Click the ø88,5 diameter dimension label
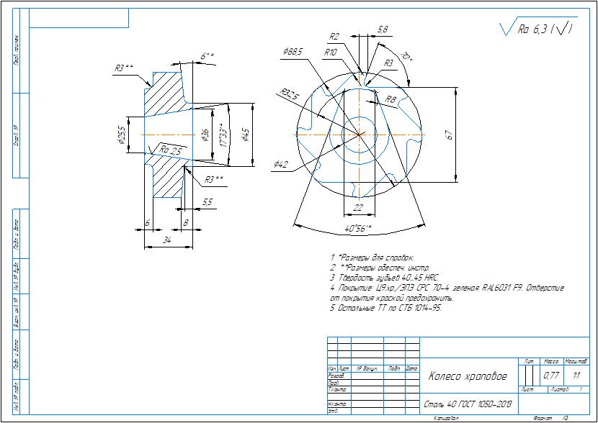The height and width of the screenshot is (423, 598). (293, 52)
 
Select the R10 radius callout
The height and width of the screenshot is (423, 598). (331, 53)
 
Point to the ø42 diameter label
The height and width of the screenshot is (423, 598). (281, 165)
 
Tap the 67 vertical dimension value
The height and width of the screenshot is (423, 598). (448, 135)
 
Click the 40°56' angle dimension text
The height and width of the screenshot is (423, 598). (358, 229)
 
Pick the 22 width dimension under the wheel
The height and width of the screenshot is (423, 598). (358, 207)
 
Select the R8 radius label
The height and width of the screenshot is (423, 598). (391, 99)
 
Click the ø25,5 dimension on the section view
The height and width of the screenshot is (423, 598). (121, 135)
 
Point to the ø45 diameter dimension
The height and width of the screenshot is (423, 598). (246, 135)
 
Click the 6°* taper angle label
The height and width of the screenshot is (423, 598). (207, 55)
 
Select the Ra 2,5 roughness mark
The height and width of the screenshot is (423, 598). (170, 150)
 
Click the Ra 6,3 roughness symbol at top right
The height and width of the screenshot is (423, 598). (537, 28)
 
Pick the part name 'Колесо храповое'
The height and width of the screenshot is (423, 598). (468, 376)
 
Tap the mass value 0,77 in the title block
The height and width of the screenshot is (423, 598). (551, 375)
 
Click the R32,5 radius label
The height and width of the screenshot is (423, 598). (290, 94)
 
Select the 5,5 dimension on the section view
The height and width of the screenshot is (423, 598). (207, 202)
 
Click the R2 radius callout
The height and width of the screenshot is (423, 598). (334, 37)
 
